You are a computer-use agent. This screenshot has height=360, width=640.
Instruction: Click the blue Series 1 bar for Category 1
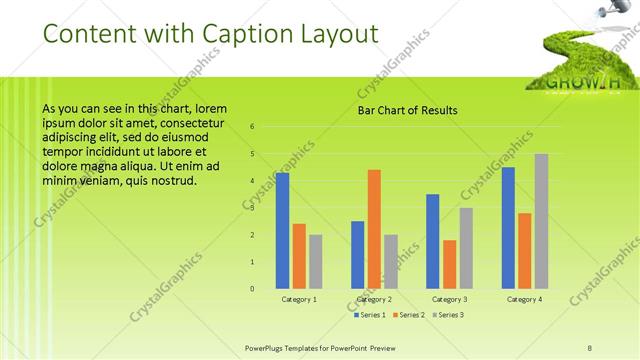(283, 231)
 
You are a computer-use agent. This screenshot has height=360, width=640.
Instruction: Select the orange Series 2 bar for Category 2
(374, 229)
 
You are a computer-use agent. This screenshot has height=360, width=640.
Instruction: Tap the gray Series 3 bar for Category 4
(541, 221)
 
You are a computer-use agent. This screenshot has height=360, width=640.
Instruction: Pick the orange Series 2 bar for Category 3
(450, 264)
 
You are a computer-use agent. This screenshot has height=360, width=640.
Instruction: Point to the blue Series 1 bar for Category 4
(508, 228)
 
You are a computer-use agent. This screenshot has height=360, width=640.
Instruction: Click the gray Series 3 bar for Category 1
(316, 262)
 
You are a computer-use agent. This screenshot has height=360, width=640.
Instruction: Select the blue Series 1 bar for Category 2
(358, 255)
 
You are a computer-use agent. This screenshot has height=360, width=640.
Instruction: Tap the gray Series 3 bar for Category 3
(466, 248)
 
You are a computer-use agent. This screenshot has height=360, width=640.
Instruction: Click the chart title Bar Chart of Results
(407, 110)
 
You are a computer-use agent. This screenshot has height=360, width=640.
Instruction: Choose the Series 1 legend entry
(370, 315)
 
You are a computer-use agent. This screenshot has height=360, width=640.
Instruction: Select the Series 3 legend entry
(449, 315)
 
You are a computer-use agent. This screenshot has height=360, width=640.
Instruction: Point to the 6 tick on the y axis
(252, 127)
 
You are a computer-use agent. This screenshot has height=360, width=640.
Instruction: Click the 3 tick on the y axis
(252, 208)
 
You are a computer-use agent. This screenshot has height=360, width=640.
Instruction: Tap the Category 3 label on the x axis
(450, 299)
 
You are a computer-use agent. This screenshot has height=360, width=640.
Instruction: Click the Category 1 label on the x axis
(299, 299)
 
